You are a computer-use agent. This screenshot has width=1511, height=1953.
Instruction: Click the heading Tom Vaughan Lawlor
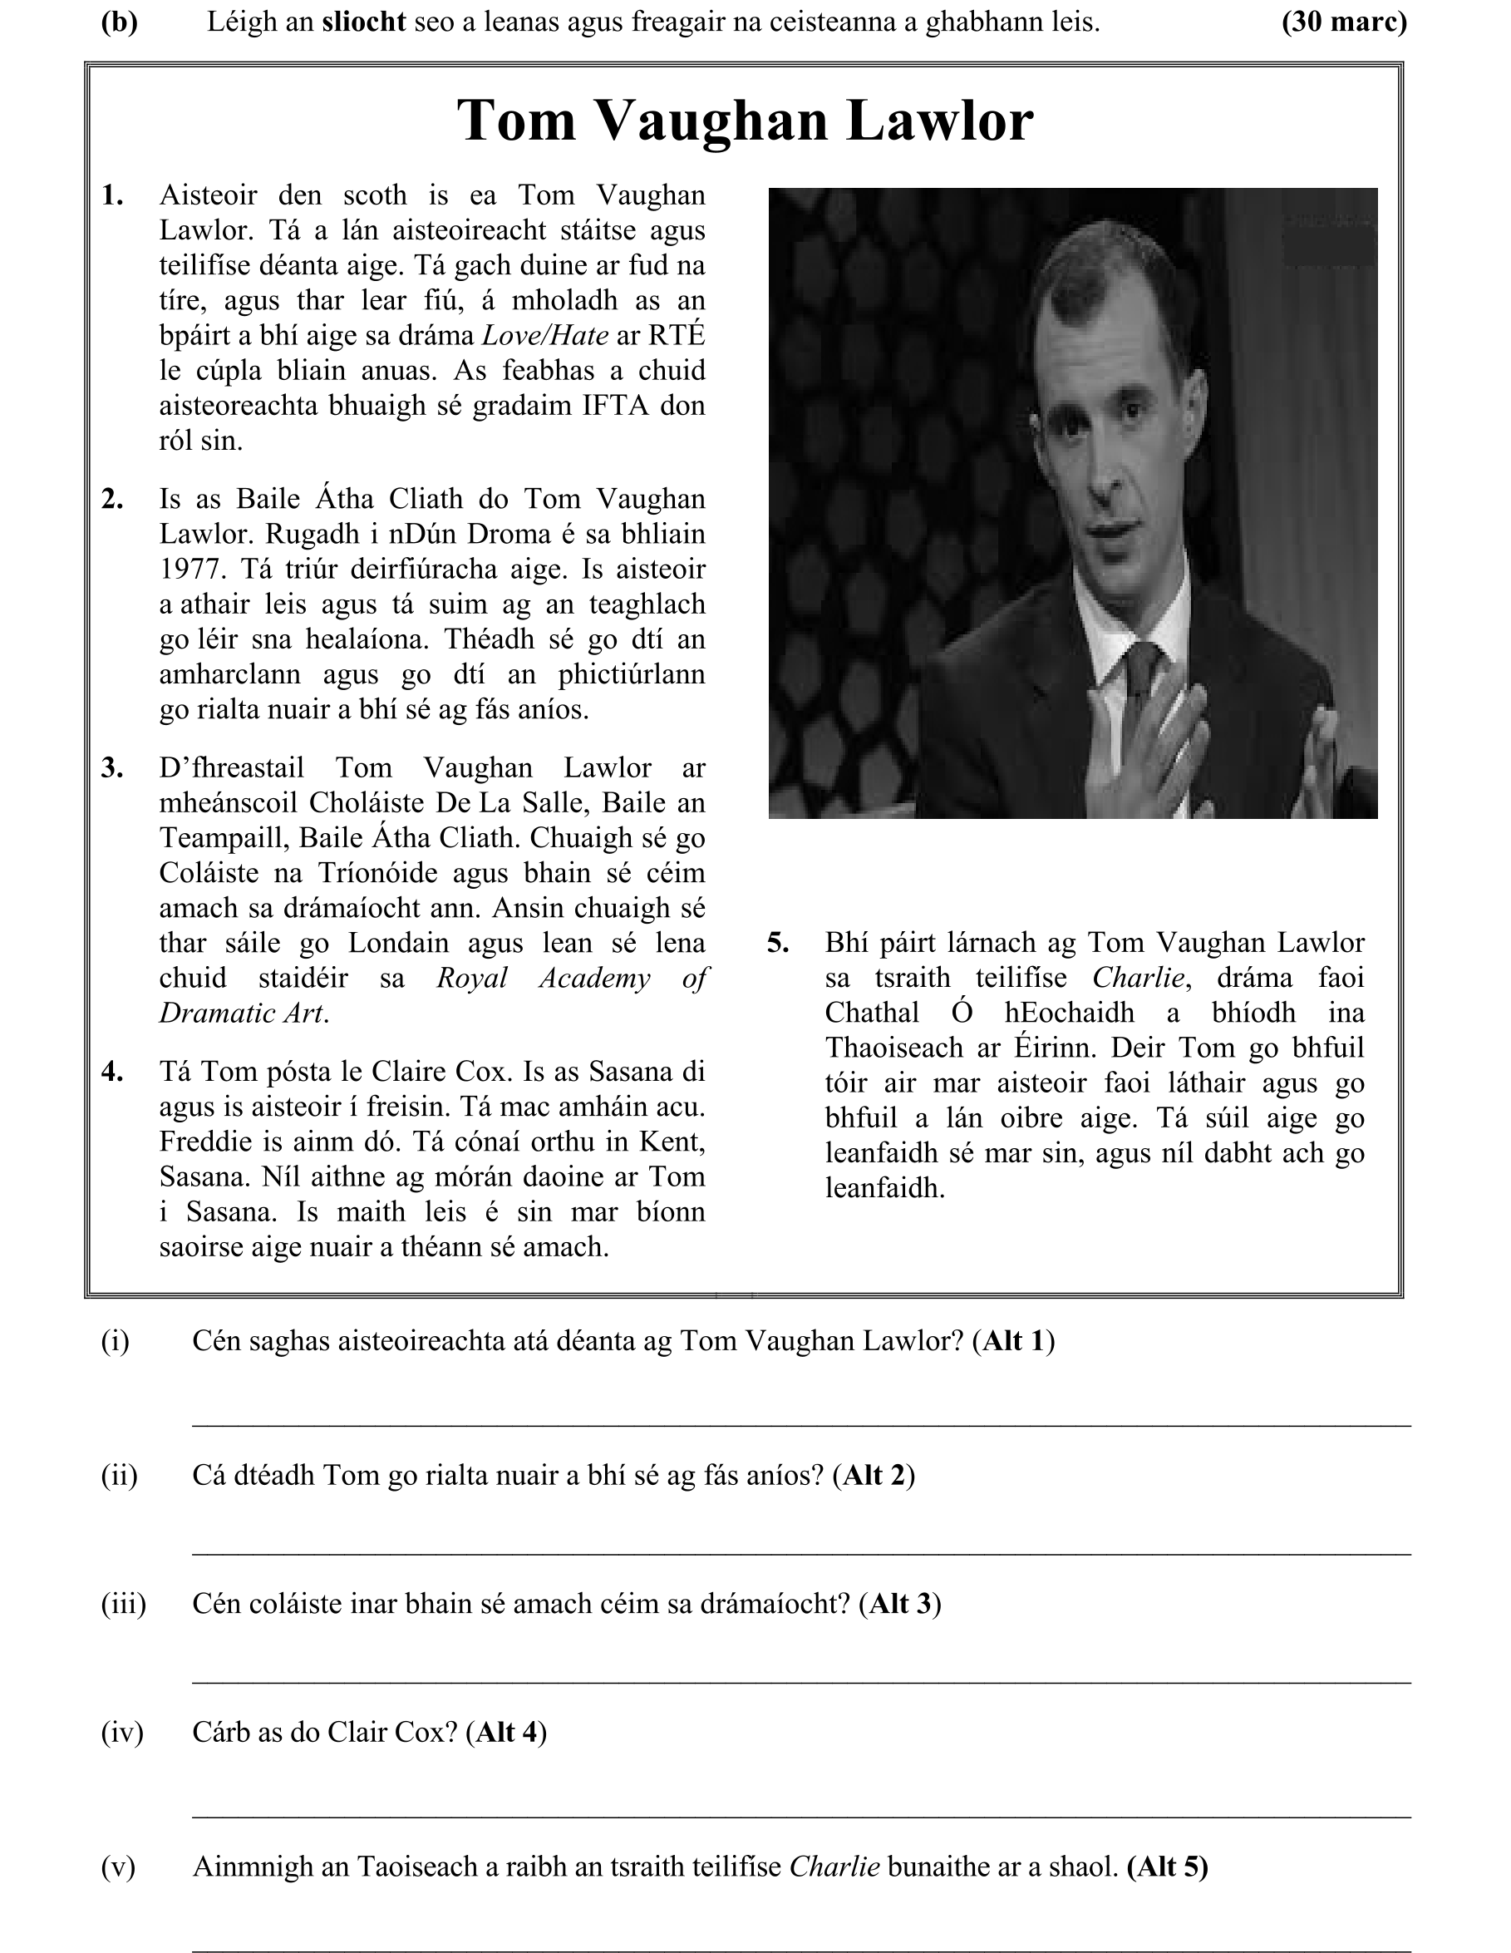pos(745,120)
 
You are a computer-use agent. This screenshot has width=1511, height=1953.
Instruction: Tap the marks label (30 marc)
pos(1344,22)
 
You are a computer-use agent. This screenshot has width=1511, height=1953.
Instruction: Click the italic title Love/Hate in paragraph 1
pos(545,335)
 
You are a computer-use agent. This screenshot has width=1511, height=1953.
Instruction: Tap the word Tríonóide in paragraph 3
pos(382,873)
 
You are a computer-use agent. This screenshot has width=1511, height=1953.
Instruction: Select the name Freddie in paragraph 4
pos(199,1142)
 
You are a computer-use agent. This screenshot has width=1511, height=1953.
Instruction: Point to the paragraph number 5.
pos(778,943)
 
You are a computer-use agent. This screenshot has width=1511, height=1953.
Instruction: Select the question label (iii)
pos(122,1603)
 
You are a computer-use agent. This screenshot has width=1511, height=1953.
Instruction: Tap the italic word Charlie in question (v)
pos(834,1867)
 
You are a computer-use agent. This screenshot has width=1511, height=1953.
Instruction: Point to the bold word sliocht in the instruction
pos(364,22)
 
